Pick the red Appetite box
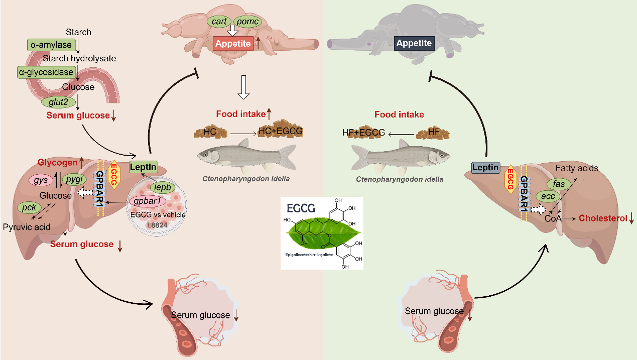232,43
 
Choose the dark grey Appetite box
414,43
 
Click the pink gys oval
44,179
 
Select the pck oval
29,207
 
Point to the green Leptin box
144,167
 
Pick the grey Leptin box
485,168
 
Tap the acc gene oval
548,196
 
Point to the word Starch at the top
78,32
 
